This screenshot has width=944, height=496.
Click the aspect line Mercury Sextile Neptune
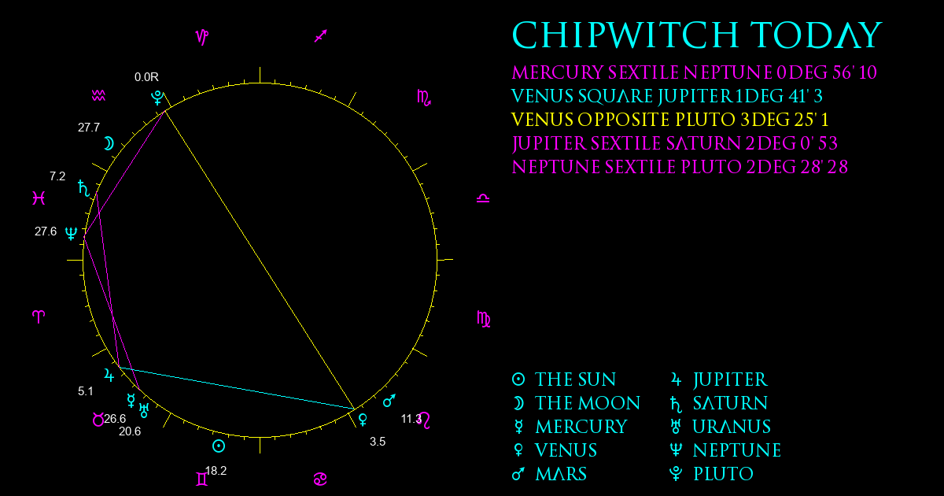point(112,313)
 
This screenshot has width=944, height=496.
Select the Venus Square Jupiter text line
point(667,96)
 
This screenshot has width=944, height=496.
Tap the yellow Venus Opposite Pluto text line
point(670,120)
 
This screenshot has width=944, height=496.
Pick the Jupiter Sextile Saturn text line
point(675,143)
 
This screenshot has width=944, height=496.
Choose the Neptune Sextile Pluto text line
point(680,167)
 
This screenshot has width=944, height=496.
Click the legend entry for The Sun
point(564,379)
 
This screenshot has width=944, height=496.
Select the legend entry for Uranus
point(721,427)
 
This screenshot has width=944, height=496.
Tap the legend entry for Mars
point(549,474)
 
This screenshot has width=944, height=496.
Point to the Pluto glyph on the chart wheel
point(157,98)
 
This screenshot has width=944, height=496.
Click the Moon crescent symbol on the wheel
point(109,144)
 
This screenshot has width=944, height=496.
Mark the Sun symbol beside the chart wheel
point(219,446)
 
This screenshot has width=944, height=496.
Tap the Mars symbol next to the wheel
point(389,401)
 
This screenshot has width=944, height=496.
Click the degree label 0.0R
point(146,77)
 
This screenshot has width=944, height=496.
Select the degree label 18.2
point(216,471)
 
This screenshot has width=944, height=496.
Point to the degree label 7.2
point(57,176)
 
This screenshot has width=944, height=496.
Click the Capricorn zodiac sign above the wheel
point(202,37)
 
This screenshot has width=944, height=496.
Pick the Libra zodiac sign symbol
point(483,198)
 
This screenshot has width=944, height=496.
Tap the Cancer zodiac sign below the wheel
point(320,479)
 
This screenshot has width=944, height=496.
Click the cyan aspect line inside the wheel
point(237,388)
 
